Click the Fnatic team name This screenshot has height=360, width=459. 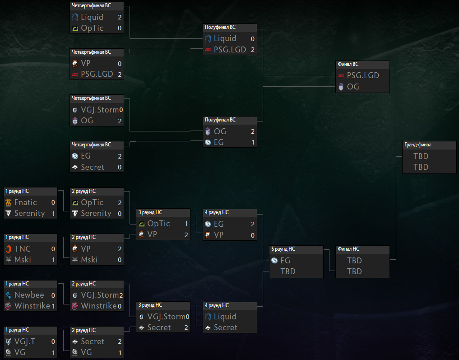pyautogui.click(x=25, y=202)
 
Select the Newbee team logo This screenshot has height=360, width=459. pyautogui.click(x=9, y=295)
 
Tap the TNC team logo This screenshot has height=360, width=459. pyautogui.click(x=9, y=249)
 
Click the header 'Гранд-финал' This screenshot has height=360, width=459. pyautogui.click(x=418, y=145)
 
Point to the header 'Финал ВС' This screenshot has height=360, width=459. pyautogui.click(x=348, y=64)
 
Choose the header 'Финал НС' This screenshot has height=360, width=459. pyautogui.click(x=348, y=249)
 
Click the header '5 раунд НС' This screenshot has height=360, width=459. pyautogui.click(x=283, y=249)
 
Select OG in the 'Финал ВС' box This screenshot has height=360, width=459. pyautogui.click(x=353, y=87)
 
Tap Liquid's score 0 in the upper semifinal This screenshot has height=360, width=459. pyautogui.click(x=253, y=39)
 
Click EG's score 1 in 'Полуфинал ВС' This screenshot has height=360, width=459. pyautogui.click(x=253, y=143)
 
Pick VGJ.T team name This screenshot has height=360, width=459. pyautogui.click(x=24, y=341)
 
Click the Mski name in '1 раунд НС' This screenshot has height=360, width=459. pyautogui.click(x=23, y=260)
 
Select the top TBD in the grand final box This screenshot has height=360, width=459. pyautogui.click(x=421, y=156)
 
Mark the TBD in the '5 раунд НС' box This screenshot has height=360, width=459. pyautogui.click(x=288, y=271)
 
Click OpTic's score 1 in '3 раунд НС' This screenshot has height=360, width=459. pyautogui.click(x=186, y=224)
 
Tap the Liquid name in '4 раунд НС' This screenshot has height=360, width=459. pyautogui.click(x=225, y=317)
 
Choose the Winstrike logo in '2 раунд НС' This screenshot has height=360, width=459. pyautogui.click(x=75, y=306)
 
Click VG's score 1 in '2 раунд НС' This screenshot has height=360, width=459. pyautogui.click(x=120, y=353)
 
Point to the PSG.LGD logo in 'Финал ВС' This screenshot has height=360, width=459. pyautogui.click(x=341, y=75)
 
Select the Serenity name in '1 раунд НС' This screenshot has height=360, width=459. pyautogui.click(x=30, y=214)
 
